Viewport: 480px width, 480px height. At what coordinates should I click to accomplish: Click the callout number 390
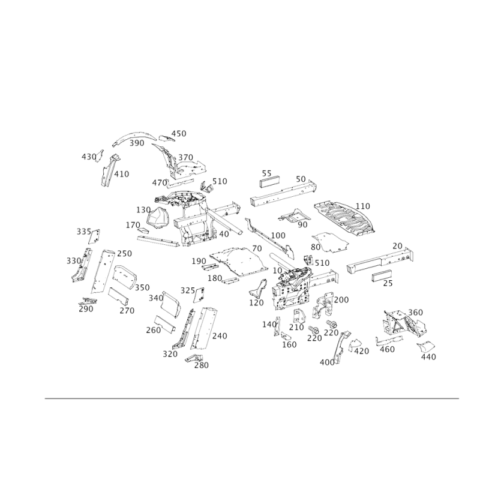click(137, 143)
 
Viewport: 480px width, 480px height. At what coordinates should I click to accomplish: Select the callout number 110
click(362, 206)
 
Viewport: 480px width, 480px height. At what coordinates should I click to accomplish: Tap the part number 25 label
click(388, 283)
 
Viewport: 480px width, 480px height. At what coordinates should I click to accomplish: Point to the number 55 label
click(266, 173)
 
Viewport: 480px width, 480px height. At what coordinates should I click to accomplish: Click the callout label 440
click(428, 356)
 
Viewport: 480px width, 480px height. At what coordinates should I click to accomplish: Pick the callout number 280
click(202, 365)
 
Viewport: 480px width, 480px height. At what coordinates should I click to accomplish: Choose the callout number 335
click(84, 232)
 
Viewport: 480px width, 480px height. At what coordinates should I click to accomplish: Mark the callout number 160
click(289, 344)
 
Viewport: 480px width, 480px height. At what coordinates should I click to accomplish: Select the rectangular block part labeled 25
click(382, 275)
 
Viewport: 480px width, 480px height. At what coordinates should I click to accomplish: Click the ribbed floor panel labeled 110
click(344, 218)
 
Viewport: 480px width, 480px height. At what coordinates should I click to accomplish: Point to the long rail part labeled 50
click(283, 193)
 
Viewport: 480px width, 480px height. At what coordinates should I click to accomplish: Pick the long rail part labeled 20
click(380, 261)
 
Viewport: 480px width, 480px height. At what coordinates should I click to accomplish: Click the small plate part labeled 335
click(94, 236)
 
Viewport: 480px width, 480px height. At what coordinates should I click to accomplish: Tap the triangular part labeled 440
click(426, 347)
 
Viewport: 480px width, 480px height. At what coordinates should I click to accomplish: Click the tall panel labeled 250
click(103, 272)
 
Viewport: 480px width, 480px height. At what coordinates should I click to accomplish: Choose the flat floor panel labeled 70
click(238, 261)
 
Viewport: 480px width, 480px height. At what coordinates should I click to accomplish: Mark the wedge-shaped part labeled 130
click(158, 218)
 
